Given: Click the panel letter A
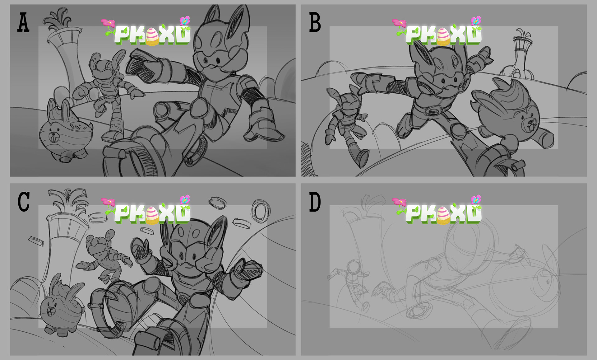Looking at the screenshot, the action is (24, 23).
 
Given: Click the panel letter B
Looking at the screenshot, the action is (315, 23).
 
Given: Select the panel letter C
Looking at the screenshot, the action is (24, 202).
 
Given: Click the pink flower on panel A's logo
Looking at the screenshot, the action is (108, 23).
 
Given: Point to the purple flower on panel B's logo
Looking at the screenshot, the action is (476, 21).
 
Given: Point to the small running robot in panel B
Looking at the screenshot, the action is (347, 124).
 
